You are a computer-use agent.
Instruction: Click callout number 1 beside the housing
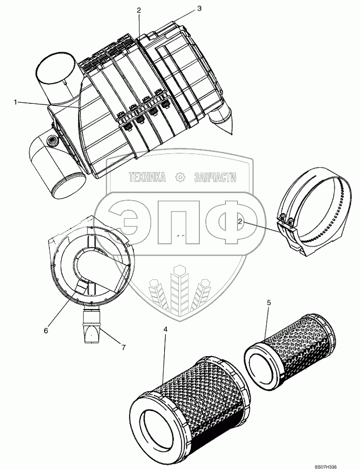point(15,102)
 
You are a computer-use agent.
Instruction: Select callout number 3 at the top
point(199,9)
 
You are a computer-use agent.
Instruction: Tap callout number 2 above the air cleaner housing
point(139,10)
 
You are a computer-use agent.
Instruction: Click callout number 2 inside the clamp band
point(241,222)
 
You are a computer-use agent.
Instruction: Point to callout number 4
point(165,329)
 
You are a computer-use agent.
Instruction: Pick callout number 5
point(269,302)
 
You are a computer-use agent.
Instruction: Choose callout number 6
point(46,330)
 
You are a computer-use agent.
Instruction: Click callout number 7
point(124,347)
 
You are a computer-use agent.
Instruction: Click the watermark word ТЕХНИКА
point(147,178)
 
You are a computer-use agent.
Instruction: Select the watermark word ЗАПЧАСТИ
point(215,178)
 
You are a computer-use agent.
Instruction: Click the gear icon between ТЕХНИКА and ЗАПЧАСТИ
point(180,178)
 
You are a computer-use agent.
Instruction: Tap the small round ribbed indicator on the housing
point(52,140)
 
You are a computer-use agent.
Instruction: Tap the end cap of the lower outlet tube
point(67,188)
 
